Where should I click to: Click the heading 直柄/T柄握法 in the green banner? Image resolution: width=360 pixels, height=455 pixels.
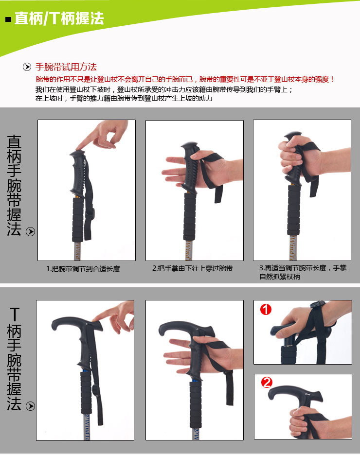tap(59, 19)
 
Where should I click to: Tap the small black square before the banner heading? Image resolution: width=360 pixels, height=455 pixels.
tap(8, 20)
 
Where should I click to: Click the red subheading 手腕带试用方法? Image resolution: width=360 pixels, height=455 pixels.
tap(66, 67)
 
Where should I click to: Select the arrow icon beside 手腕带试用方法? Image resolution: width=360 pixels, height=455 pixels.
tap(27, 67)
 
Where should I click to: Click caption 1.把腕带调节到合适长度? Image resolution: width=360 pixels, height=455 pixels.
tap(83, 268)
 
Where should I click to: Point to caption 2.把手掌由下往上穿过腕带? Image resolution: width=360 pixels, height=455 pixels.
tap(192, 268)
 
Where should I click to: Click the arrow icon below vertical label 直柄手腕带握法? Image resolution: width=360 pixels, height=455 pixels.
tap(31, 231)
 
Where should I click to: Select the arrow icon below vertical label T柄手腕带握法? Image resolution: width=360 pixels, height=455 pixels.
tap(31, 406)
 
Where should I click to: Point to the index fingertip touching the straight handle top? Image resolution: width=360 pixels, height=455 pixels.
tap(79, 148)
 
